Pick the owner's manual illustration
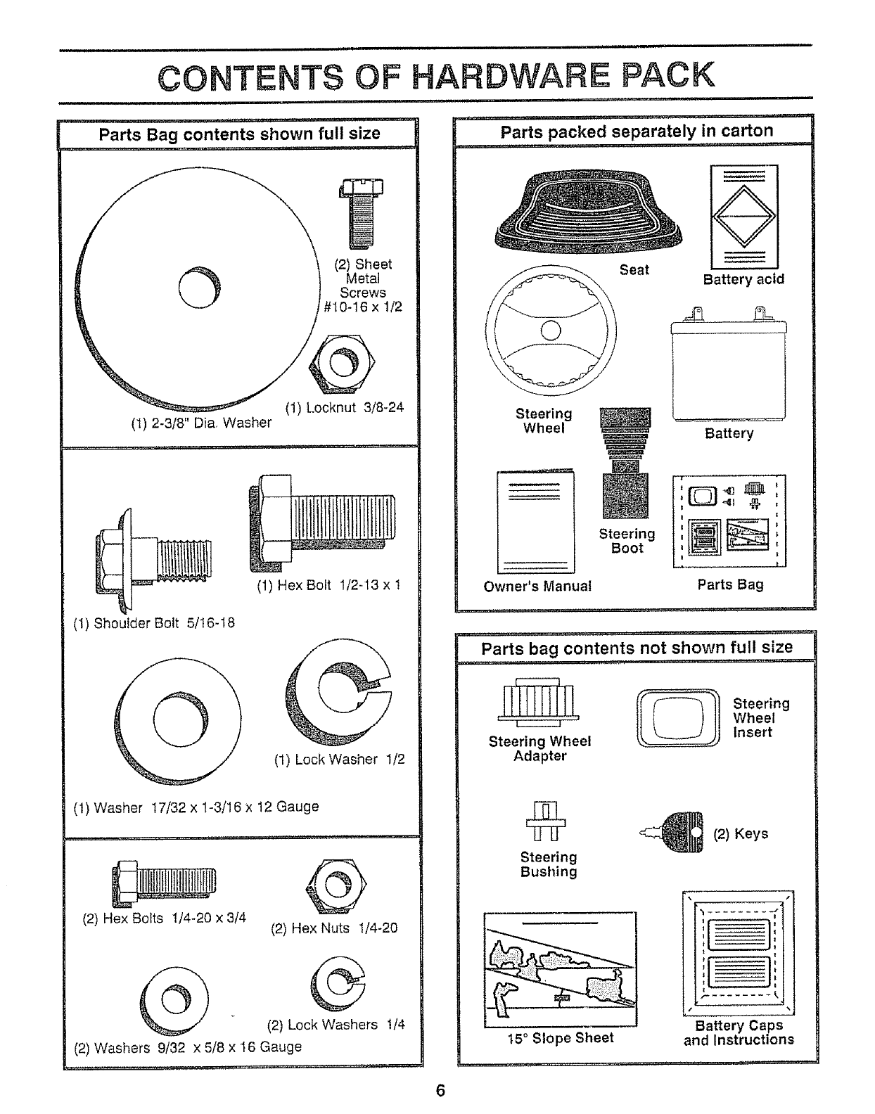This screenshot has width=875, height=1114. [535, 522]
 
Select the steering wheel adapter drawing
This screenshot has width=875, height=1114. [539, 703]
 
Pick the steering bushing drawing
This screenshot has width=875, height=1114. [544, 820]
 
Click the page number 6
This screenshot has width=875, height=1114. [440, 1091]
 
